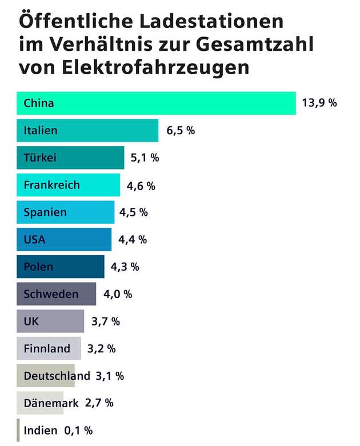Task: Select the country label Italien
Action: pyautogui.click(x=41, y=131)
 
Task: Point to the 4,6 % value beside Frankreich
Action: pyautogui.click(x=141, y=186)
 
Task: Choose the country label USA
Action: pyautogui.click(x=34, y=240)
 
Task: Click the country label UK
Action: pyautogui.click(x=31, y=322)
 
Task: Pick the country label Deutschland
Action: pyautogui.click(x=57, y=376)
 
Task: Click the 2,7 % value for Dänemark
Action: pyautogui.click(x=99, y=403)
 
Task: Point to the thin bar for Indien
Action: pyautogui.click(x=18, y=430)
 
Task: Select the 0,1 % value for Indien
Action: pyautogui.click(x=78, y=430)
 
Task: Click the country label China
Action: pyautogui.click(x=39, y=103)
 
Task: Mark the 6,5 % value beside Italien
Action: pyautogui.click(x=181, y=131)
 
